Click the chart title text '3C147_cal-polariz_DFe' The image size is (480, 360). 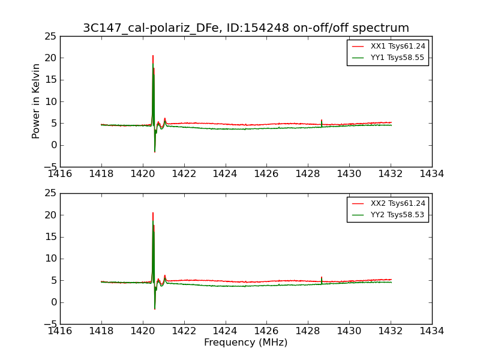pos(151,28)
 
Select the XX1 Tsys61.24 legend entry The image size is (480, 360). pos(388,46)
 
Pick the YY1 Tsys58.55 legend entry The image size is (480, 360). pos(388,58)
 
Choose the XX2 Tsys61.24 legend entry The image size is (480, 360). pos(388,203)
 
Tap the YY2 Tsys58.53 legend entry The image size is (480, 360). pos(388,215)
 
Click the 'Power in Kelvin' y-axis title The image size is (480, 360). pos(36,101)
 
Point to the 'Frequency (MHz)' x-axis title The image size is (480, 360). pos(246,342)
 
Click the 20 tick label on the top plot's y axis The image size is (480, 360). pos(50,58)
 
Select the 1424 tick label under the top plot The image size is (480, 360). pos(225,174)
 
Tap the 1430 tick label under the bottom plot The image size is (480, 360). pos(349,331)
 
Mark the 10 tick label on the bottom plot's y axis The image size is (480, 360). pos(50,259)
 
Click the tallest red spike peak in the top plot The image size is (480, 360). pos(153,56)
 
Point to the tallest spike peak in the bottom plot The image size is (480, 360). pos(153,213)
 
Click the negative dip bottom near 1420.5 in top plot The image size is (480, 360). pos(155,152)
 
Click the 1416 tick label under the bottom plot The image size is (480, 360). pos(60,331)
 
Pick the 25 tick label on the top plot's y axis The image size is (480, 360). pos(50,37)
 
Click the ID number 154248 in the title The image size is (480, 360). pos(267,28)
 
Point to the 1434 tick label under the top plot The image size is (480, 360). pos(432,174)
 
